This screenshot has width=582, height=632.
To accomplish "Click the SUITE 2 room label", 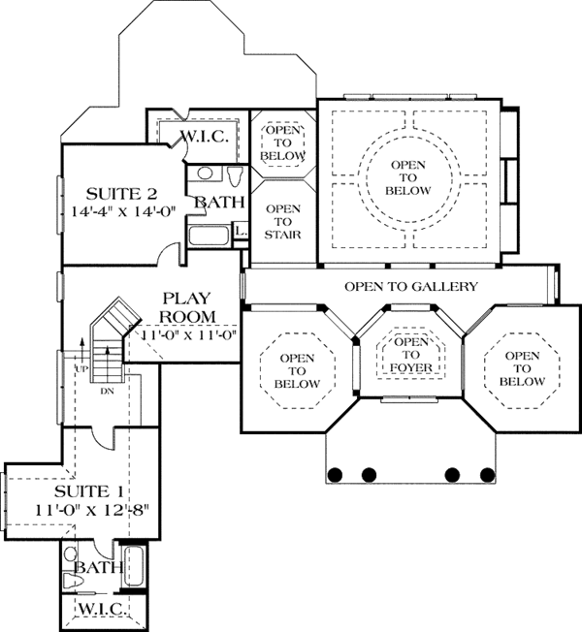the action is click(x=121, y=194).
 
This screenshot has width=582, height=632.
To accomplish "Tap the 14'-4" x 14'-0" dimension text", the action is click(x=124, y=211).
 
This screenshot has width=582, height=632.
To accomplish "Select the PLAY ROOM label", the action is click(x=187, y=307).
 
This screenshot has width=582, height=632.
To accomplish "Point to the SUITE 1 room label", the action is click(x=89, y=491).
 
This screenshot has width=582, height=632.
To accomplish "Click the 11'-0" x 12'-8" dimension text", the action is click(x=92, y=510).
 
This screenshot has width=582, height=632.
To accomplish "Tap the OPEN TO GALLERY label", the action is click(x=411, y=287).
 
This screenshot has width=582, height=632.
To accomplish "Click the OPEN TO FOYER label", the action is click(x=410, y=355).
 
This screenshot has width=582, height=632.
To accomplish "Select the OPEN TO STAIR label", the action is click(x=282, y=222).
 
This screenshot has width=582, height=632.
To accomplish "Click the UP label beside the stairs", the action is click(x=81, y=368).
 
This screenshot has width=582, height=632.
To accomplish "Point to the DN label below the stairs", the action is click(x=107, y=391).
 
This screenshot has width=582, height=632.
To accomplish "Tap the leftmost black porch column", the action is click(x=335, y=475).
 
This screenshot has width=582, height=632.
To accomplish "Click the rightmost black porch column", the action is click(x=487, y=475).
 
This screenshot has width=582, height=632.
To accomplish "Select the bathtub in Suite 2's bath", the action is click(x=209, y=236).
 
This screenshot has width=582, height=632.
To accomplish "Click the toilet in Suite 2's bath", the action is click(x=235, y=175).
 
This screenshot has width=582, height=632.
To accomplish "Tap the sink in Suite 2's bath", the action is click(x=205, y=174).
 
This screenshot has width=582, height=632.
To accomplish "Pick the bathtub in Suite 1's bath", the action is click(x=133, y=566).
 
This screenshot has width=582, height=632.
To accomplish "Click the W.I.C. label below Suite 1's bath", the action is click(x=101, y=608).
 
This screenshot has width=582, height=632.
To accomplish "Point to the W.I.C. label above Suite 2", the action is click(x=204, y=137).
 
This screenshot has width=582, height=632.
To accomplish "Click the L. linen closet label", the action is click(x=241, y=232).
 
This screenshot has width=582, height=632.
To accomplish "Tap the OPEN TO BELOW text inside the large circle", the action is click(x=408, y=177).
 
